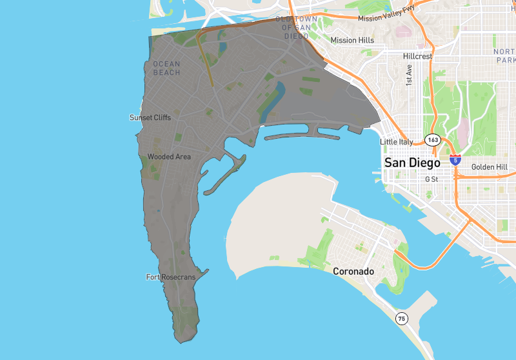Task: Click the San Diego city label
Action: [412, 163]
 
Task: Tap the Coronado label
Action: [353, 272]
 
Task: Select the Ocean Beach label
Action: [166, 68]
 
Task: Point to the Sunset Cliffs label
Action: [150, 117]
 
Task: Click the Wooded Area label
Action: [169, 157]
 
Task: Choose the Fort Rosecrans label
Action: [170, 277]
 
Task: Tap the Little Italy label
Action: [397, 142]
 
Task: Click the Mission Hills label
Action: [352, 40]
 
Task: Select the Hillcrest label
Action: [418, 56]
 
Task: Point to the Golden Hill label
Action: [489, 167]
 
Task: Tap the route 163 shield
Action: [432, 140]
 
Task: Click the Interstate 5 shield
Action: [455, 159]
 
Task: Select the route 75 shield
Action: [402, 318]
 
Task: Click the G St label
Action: [431, 179]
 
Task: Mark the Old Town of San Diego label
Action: [297, 27]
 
